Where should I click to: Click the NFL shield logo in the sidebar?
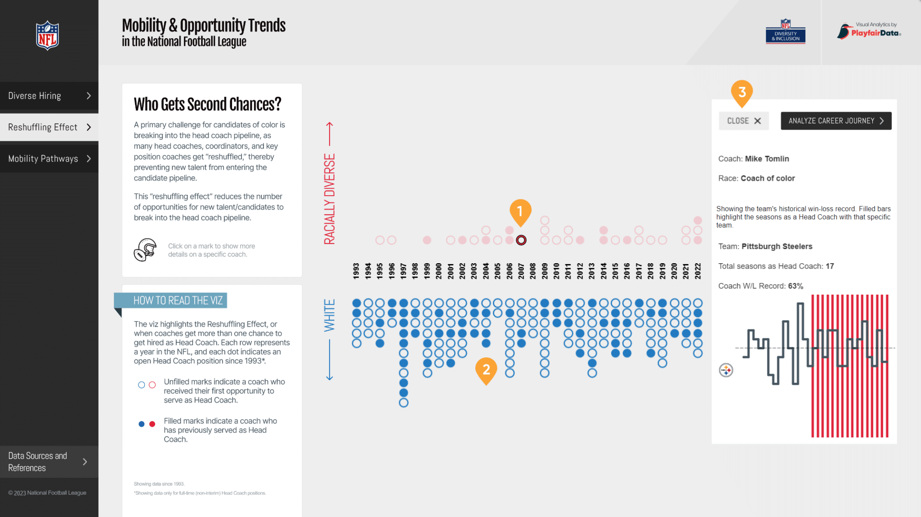pos(47,36)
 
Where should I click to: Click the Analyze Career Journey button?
pos(836,121)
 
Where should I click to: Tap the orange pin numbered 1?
pos(520,211)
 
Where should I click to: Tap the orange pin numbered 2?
pos(486,370)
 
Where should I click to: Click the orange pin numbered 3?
pos(742,92)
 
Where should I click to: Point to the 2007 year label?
pos(521,271)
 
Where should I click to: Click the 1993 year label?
pos(356,271)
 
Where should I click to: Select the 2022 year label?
pos(697,271)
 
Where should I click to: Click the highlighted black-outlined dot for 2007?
pos(521,240)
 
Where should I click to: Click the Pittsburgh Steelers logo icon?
pos(726,370)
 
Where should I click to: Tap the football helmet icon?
pos(145,250)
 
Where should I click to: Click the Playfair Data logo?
pos(869,31)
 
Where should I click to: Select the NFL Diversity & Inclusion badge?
pos(785,31)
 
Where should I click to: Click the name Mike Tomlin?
pos(767,159)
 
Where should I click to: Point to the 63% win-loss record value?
pos(796,286)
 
